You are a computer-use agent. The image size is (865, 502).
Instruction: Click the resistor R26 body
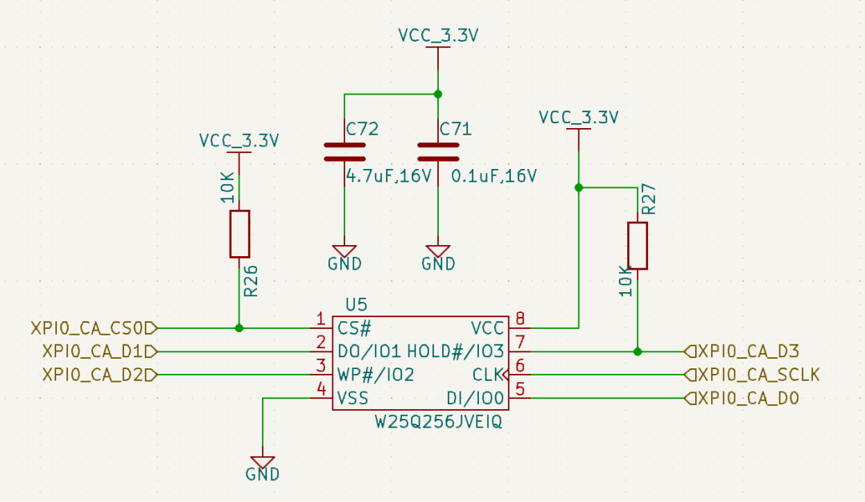[x=239, y=234]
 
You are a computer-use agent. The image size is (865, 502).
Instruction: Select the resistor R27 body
[x=638, y=246]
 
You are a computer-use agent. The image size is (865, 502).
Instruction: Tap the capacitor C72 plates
[x=344, y=152]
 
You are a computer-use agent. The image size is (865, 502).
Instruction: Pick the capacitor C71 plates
[x=438, y=152]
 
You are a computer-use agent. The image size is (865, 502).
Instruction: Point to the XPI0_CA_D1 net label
[x=100, y=351]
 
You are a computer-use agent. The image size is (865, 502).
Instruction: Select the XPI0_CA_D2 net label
[x=100, y=375]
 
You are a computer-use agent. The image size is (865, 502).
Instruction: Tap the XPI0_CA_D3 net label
[x=742, y=351]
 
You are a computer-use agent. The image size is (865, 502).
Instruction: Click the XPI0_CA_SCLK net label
[x=752, y=375]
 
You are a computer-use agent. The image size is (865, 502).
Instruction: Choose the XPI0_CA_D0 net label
[x=742, y=398]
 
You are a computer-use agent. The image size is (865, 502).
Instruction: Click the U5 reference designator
[x=356, y=304]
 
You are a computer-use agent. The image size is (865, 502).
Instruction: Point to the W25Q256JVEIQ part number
[x=439, y=422]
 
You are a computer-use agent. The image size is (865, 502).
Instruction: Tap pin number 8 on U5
[x=520, y=319]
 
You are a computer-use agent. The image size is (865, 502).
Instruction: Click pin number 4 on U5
[x=322, y=389]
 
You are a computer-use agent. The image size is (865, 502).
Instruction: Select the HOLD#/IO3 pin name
[x=455, y=351]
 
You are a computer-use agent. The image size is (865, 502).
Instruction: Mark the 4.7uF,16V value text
[x=388, y=176]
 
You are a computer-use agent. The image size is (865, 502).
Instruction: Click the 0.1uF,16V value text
[x=493, y=176]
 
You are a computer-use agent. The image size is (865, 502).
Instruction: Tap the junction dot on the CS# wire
[x=239, y=328]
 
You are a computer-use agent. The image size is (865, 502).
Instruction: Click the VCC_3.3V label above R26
[x=239, y=141]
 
